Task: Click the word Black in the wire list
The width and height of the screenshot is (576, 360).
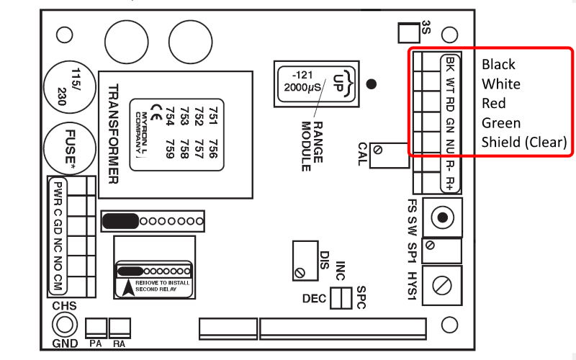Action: [499, 65]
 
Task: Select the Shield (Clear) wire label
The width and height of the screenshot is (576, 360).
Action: [524, 143]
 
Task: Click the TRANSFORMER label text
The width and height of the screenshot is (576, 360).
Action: [112, 134]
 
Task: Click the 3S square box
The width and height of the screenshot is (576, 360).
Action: [408, 32]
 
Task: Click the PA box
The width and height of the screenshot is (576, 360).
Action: [96, 328]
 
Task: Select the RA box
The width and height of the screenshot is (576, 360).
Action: [120, 328]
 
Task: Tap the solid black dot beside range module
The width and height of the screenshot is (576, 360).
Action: [371, 84]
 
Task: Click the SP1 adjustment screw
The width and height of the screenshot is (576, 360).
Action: [431, 246]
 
